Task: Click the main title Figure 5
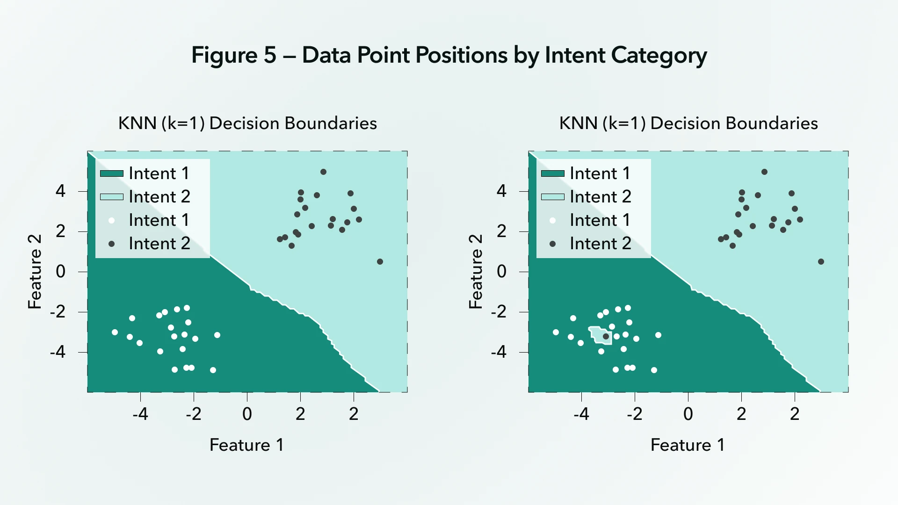[449, 55]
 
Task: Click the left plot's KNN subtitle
[247, 123]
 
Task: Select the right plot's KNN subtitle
[688, 123]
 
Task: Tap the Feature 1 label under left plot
[246, 445]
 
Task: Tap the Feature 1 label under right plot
[688, 445]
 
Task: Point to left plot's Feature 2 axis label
[35, 272]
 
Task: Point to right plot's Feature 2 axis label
[476, 272]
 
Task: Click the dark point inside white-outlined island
[606, 336]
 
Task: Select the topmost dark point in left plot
[323, 172]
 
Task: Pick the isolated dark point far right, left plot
[380, 262]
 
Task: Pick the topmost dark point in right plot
[764, 172]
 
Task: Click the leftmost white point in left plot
[115, 332]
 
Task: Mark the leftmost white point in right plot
[556, 332]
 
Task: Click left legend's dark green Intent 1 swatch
[112, 174]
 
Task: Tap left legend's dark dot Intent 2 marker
[111, 244]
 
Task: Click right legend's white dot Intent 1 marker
[552, 221]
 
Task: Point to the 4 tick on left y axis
[60, 191]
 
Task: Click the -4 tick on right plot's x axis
[581, 414]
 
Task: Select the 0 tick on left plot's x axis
[247, 414]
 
